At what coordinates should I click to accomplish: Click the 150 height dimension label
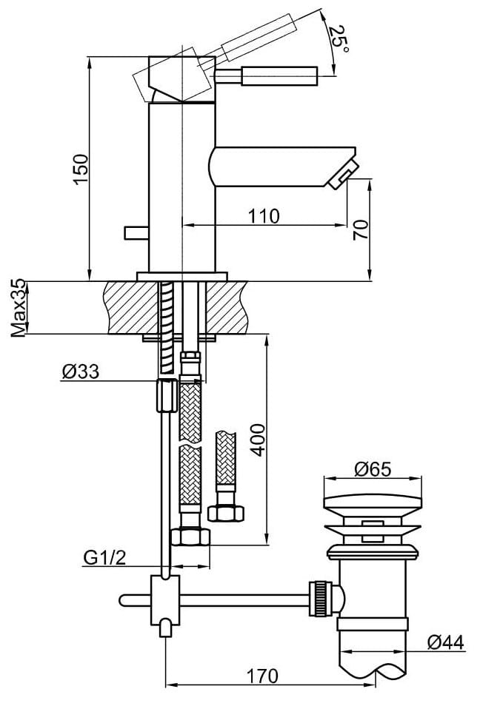point(81,169)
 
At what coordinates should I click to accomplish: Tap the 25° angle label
point(339,38)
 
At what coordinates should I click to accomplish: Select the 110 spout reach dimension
point(264,216)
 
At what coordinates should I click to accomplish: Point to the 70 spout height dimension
point(361,229)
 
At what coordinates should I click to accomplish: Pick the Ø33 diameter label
point(80,372)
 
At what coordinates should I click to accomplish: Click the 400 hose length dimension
point(258,440)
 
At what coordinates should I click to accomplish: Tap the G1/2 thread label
point(104,558)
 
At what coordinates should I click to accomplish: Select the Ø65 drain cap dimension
point(373,469)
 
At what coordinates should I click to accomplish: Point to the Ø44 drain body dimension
point(446,642)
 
